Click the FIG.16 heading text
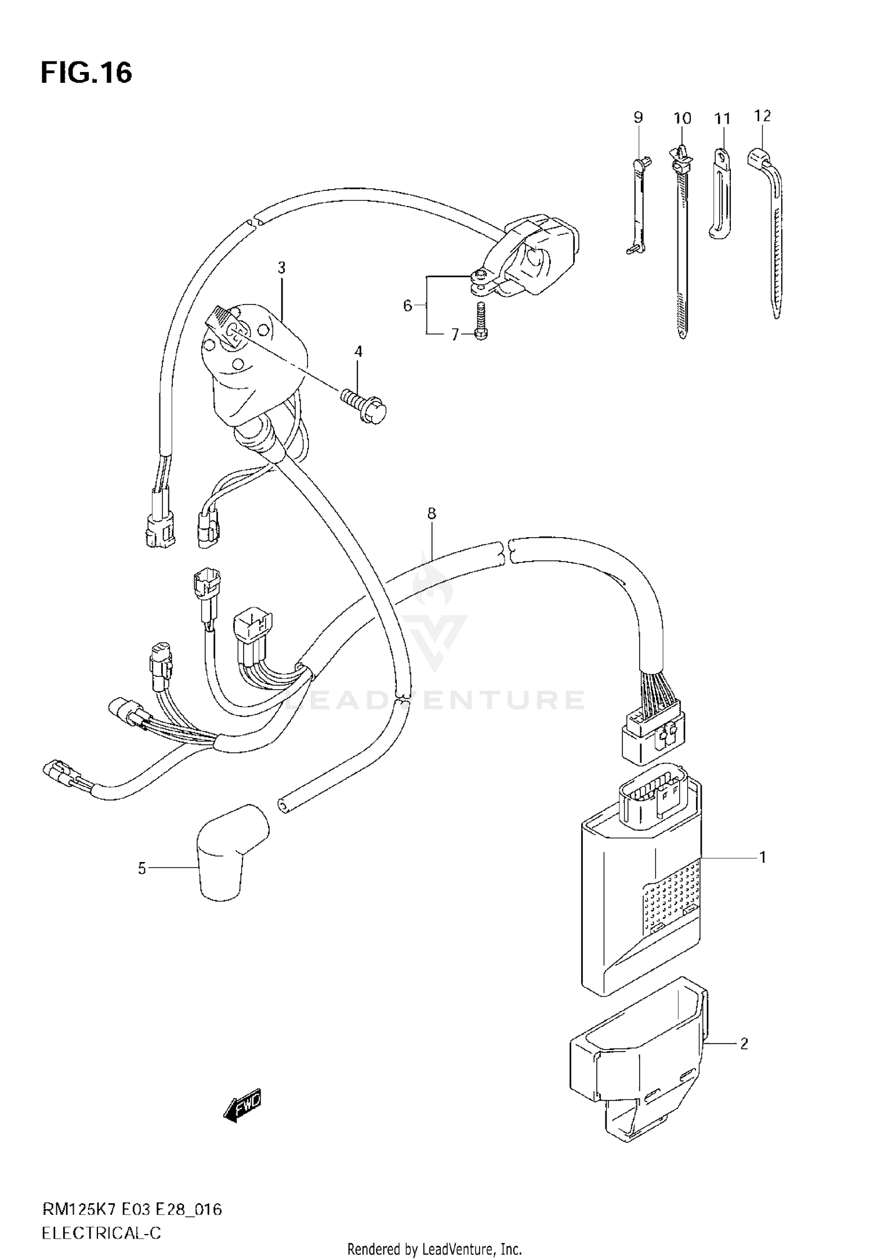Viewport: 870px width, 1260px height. [x=86, y=73]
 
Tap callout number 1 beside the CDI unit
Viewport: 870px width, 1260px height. [x=763, y=857]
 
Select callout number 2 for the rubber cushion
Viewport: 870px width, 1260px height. [x=744, y=1044]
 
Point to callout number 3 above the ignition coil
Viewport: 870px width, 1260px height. [x=281, y=268]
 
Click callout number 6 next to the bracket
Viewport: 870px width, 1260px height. [x=407, y=305]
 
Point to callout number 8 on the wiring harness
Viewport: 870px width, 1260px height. [x=431, y=513]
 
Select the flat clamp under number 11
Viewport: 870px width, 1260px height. [x=719, y=197]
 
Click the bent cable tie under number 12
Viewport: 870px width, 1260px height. [x=771, y=232]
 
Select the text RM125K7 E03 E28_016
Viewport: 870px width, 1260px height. [x=132, y=1210]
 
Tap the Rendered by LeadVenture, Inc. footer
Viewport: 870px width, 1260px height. [x=435, y=1249]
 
